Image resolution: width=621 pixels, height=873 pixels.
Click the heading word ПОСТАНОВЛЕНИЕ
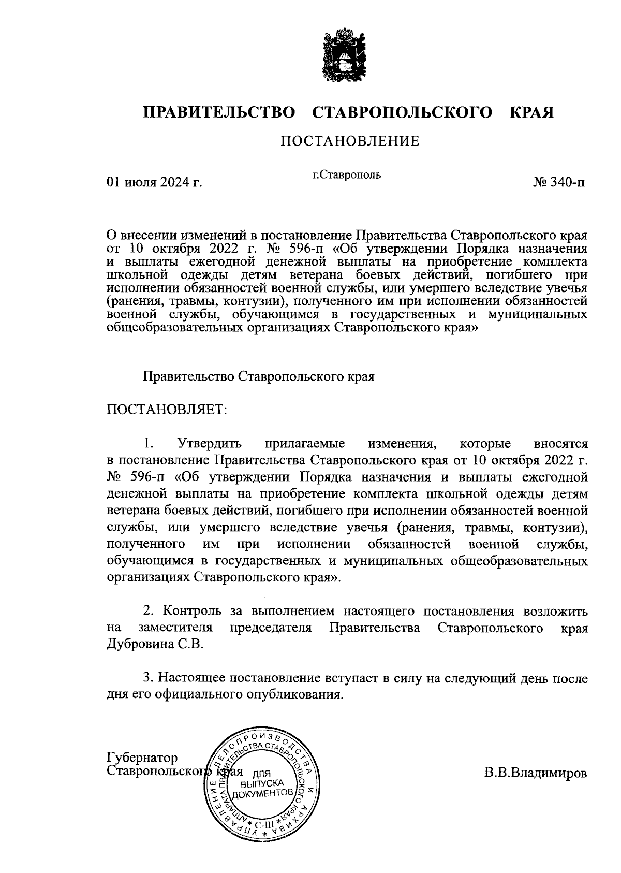click(350, 141)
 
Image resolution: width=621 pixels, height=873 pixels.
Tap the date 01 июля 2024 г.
click(154, 182)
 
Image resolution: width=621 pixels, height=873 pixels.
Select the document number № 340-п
click(560, 182)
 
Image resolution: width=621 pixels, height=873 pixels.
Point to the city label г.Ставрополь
click(347, 174)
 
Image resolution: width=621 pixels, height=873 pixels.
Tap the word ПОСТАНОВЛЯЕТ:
click(167, 410)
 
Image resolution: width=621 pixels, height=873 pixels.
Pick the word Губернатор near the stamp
click(142, 758)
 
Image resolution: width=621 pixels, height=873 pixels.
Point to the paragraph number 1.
click(149, 444)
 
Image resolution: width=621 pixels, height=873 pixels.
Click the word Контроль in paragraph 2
click(190, 611)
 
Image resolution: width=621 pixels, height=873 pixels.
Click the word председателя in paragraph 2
click(271, 628)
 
